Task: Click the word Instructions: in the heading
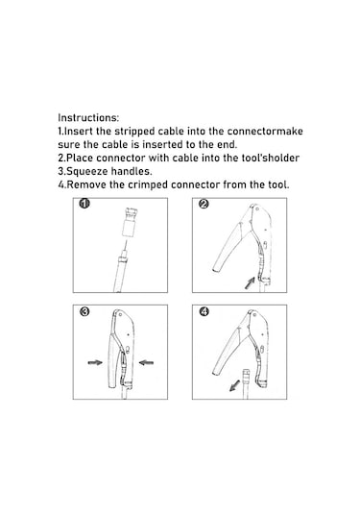[88, 117]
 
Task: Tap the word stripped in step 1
[134, 131]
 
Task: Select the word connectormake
[265, 131]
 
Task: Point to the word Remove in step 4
[86, 184]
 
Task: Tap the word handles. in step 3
[132, 171]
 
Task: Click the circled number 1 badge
[84, 204]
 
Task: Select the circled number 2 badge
[204, 204]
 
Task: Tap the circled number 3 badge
[84, 311]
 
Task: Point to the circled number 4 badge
[204, 311]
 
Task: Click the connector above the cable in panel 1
[130, 222]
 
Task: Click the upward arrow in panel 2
[250, 282]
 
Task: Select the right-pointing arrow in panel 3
[95, 362]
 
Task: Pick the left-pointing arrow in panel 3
[146, 362]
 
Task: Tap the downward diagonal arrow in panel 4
[234, 385]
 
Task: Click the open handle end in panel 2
[218, 268]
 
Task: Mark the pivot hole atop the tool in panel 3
[121, 315]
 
